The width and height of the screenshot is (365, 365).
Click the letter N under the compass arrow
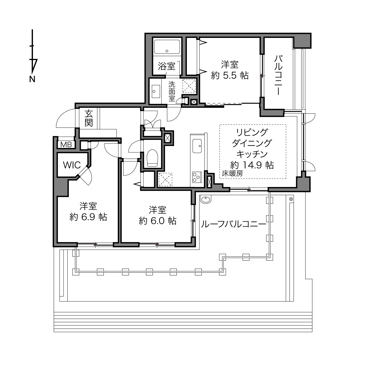pyautogui.click(x=32, y=79)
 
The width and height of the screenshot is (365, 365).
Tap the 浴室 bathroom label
pyautogui.click(x=167, y=66)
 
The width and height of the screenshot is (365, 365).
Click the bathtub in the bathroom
pyautogui.click(x=167, y=47)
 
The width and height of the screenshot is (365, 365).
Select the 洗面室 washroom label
pyautogui.click(x=172, y=92)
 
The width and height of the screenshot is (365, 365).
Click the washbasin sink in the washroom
pyautogui.click(x=156, y=91)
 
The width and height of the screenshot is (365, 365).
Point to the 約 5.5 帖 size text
pyautogui.click(x=229, y=76)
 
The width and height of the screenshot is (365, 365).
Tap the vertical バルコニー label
pyautogui.click(x=278, y=75)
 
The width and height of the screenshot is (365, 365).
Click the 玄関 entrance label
pyautogui.click(x=89, y=118)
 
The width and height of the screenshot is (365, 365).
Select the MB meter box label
pyautogui.click(x=66, y=145)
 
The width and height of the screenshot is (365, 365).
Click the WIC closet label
pyautogui.click(x=72, y=165)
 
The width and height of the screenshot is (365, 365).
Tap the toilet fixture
pyautogui.click(x=152, y=158)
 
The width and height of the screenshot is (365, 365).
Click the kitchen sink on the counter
pyautogui.click(x=197, y=146)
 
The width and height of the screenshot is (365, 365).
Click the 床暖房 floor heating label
pyautogui.click(x=232, y=173)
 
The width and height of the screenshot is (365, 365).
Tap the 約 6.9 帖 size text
pyautogui.click(x=88, y=217)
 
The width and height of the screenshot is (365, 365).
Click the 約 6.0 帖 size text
pyautogui.click(x=158, y=221)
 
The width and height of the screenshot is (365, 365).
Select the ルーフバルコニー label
pyautogui.click(x=234, y=224)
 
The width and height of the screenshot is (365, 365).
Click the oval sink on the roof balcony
pyautogui.click(x=205, y=199)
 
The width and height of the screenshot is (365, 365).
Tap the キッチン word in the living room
pyautogui.click(x=252, y=154)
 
